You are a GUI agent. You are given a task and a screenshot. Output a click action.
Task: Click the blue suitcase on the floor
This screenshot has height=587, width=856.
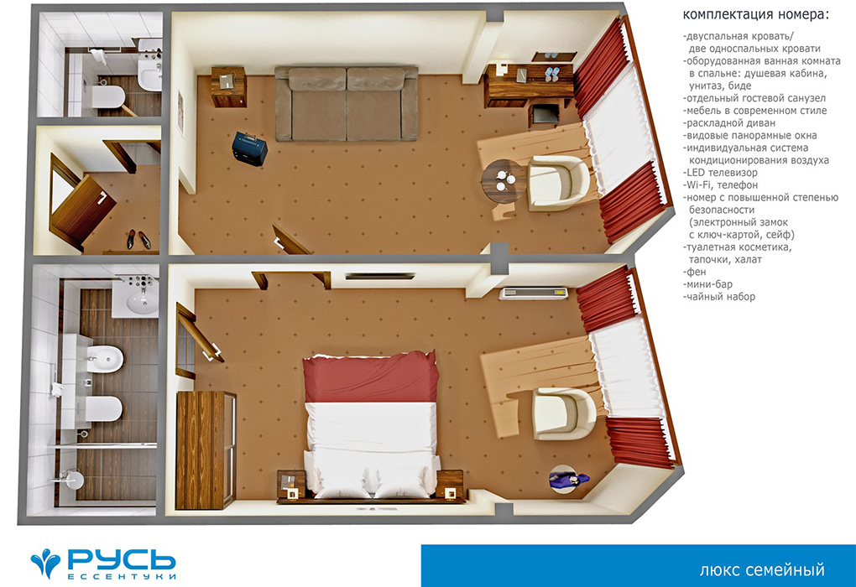pos(249,148)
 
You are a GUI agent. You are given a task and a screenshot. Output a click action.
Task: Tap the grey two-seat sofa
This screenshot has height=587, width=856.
pos(346,104)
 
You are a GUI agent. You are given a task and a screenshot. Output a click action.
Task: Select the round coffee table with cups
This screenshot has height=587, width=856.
pos(504,181)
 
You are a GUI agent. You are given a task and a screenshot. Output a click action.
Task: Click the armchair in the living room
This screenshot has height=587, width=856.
pos(558,184)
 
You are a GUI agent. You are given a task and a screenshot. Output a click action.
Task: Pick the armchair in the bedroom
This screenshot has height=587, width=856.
pos(563,413)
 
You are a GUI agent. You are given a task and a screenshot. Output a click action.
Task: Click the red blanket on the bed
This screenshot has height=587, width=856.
pos(371,377)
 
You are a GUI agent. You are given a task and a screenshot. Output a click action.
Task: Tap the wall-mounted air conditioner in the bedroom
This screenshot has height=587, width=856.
pos(533,293)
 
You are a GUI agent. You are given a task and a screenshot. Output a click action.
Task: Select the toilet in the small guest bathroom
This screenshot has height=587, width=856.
pos(108,96)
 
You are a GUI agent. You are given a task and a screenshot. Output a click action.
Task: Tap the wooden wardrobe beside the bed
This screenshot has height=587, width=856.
pos(206,450)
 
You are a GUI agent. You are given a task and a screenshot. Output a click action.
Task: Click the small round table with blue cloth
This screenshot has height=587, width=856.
pos(566,479)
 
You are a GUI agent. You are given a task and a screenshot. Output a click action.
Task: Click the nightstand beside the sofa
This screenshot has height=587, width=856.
pos(229,86)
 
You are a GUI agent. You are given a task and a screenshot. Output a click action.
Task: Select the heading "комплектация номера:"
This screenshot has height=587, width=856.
pos(755,15)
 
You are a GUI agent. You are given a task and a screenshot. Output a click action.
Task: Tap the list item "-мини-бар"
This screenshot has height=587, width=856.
pos(707,284)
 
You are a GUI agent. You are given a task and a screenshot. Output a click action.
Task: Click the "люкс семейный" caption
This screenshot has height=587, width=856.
pos(762,570)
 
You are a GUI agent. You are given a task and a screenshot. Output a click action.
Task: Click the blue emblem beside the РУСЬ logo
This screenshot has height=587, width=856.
pos(46,563)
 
